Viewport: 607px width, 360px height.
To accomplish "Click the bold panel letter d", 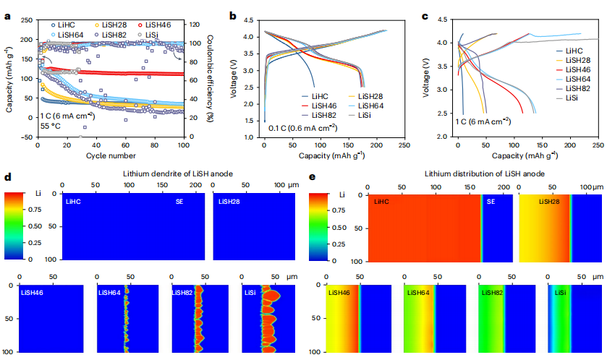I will point(7,176).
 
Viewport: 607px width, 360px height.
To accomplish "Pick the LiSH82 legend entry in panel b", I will point(323,115).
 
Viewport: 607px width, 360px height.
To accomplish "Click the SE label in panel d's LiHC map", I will point(179,202).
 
